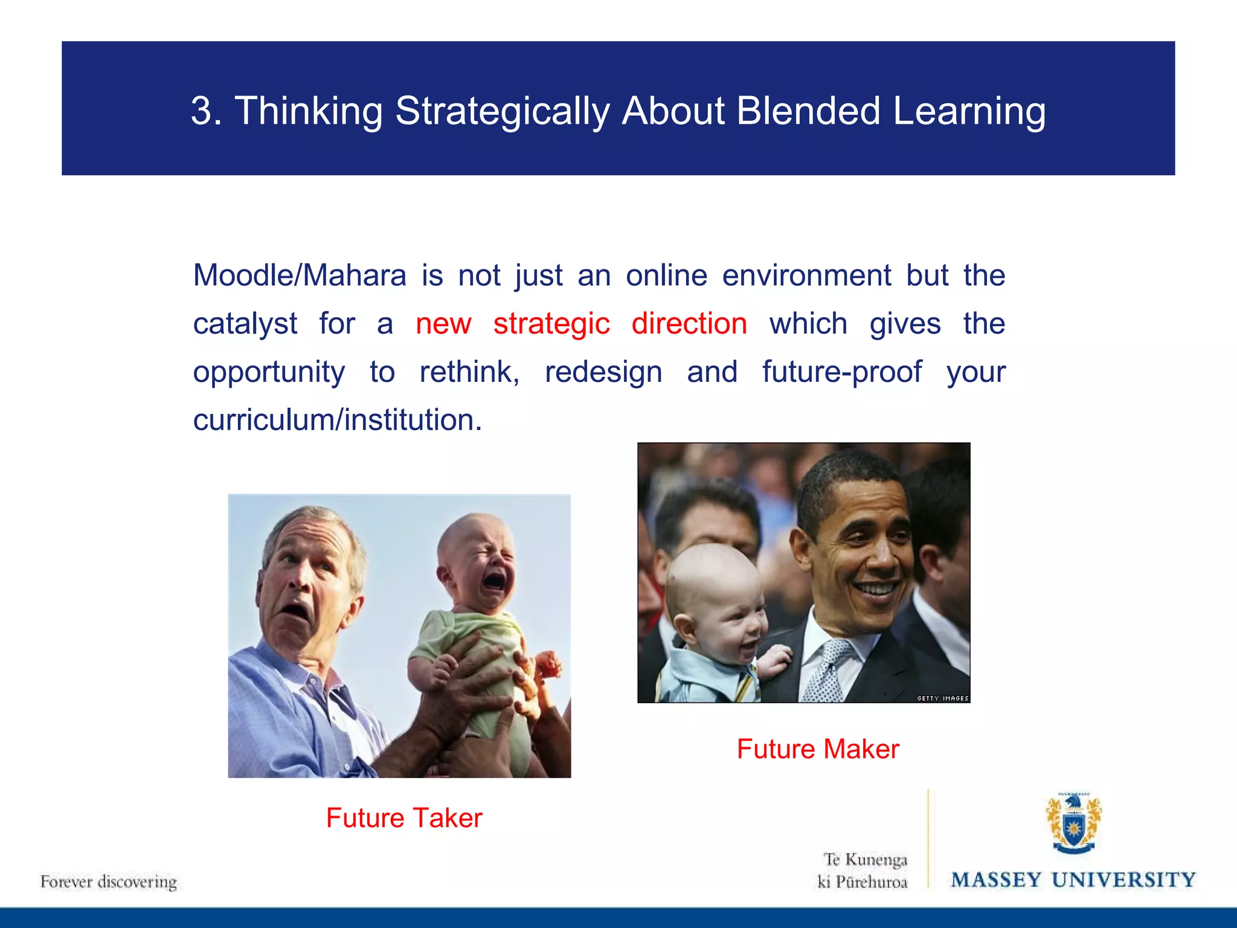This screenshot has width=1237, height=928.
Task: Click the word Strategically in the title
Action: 502,112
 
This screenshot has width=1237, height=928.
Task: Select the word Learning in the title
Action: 969,112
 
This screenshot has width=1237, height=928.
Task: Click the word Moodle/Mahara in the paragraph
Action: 300,276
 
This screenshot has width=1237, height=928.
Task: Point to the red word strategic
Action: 551,324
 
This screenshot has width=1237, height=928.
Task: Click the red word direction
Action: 689,324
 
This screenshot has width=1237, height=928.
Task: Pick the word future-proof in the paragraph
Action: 841,372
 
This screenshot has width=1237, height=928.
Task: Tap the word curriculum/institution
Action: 337,420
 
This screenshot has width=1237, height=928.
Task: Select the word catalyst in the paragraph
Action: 245,324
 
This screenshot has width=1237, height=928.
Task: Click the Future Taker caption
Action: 404,818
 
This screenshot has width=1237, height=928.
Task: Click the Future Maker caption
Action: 817,749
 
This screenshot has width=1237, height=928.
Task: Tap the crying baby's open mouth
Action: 494,581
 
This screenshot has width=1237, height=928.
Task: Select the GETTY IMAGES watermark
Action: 942,698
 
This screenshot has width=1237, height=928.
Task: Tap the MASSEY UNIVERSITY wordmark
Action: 1073,880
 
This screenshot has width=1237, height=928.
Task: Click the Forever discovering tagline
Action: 109,881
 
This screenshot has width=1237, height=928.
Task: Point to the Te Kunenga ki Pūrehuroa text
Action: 864,871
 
